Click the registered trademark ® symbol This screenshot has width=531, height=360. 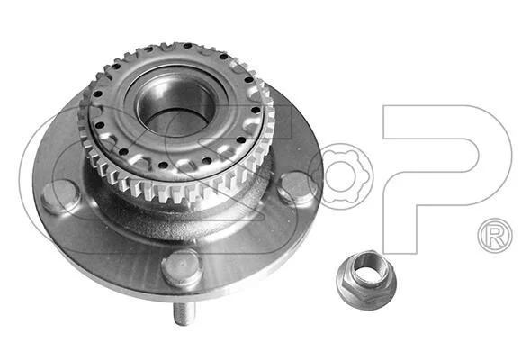495,236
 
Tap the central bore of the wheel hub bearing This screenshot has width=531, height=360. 176,106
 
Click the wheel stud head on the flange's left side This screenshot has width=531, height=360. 60,197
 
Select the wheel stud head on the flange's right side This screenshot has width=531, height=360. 295,188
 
